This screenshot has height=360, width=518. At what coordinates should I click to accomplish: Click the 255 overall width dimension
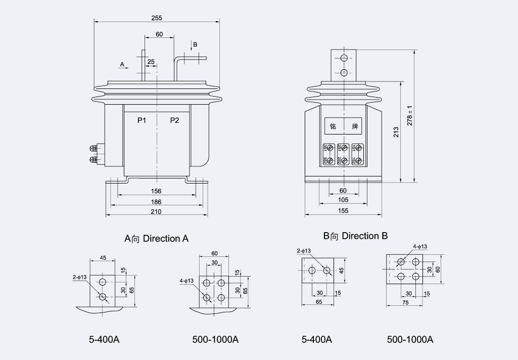click(157, 18)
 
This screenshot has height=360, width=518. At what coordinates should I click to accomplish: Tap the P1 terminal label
click(142, 120)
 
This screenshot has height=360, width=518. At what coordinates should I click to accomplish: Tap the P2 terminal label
click(174, 120)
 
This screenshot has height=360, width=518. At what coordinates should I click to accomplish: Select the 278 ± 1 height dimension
click(410, 116)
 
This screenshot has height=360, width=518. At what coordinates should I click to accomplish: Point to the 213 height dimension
click(397, 132)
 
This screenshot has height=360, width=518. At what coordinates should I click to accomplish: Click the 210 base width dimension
click(156, 211)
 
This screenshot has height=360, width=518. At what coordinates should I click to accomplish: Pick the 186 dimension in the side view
click(156, 201)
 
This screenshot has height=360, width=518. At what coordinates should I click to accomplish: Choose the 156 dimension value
click(156, 191)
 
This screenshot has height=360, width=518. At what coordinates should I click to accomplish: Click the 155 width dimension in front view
click(343, 211)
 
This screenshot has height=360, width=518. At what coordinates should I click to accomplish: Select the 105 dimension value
click(343, 200)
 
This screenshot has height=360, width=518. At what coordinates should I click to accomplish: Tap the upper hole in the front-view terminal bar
click(344, 58)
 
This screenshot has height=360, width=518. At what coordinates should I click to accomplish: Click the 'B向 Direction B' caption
click(355, 236)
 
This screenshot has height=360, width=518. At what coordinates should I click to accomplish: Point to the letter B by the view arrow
click(196, 44)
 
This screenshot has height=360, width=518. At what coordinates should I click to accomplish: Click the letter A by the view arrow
click(122, 64)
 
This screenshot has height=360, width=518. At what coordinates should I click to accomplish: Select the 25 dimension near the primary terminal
click(151, 62)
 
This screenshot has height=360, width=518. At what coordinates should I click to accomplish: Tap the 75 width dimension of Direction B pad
click(405, 302)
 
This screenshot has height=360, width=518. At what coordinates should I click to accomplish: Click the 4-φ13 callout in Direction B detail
click(420, 247)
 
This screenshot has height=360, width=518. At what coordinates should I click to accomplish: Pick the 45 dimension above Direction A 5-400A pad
click(103, 258)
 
